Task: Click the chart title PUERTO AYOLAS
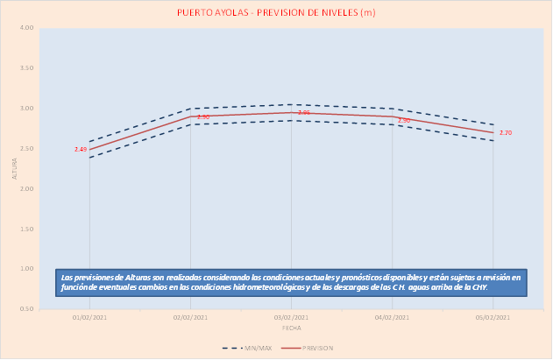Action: point(277,12)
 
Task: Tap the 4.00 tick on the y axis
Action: point(27,28)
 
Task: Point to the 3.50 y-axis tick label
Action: point(27,68)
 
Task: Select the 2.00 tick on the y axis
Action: point(27,188)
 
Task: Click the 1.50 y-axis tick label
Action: point(27,229)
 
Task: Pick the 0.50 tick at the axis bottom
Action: point(27,309)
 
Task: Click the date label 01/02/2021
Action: point(89,317)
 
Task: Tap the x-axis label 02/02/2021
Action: point(190,317)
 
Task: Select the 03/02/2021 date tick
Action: point(291,317)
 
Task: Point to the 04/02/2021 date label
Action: point(392,317)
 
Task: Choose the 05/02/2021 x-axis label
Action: point(493,317)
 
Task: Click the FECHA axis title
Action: point(291,328)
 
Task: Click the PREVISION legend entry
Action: point(314,348)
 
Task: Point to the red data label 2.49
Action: point(81,150)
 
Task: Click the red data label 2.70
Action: point(506,132)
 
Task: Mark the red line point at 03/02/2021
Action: point(291,112)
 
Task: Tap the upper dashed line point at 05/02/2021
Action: point(493,124)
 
